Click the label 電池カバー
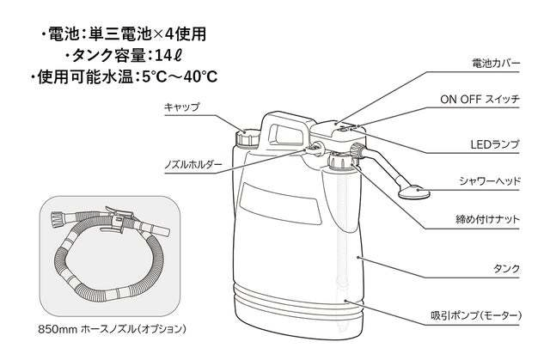click(496, 64)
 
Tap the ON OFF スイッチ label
click(480, 100)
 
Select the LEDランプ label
click(494, 143)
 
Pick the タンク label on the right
click(507, 269)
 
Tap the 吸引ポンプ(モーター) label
click(474, 316)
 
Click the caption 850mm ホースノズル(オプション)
click(112, 329)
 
